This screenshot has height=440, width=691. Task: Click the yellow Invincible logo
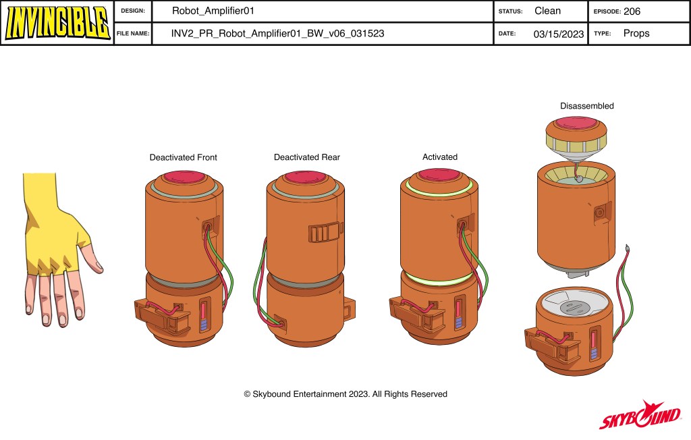[x=57, y=22]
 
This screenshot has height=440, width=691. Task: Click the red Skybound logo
[x=640, y=415]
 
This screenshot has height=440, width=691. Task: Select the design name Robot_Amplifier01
[x=213, y=11]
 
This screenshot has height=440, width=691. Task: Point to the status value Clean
[x=547, y=11]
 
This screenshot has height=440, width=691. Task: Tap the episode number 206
[x=632, y=11]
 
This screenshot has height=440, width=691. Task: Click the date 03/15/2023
[x=558, y=34]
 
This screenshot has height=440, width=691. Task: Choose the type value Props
[x=636, y=34]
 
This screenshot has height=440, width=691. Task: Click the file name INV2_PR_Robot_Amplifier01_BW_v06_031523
[x=277, y=34]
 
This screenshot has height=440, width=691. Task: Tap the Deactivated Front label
[x=184, y=157]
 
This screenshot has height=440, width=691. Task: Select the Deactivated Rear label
[x=307, y=157]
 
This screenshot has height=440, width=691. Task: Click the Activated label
[x=440, y=157]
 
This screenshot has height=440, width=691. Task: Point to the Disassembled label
[x=586, y=106]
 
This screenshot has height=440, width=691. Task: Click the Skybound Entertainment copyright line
[x=345, y=394]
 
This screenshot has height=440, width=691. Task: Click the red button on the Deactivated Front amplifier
[x=185, y=177]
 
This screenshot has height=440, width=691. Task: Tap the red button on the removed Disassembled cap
[x=576, y=122]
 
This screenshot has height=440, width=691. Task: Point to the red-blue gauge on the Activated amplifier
[x=458, y=314]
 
